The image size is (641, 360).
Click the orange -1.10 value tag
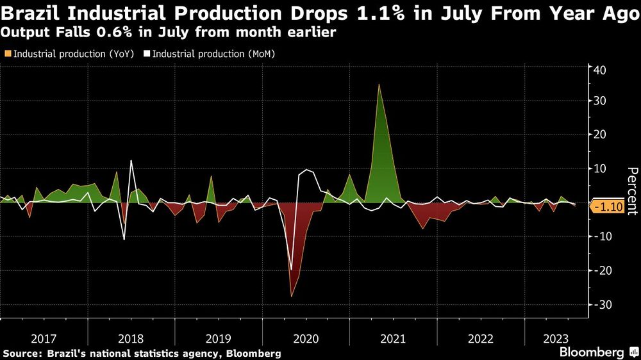click(605, 207)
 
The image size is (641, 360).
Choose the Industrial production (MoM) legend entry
click(209, 54)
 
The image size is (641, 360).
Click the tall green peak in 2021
click(379, 85)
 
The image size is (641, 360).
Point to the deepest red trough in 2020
click(292, 296)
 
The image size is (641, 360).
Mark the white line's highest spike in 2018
click(131, 161)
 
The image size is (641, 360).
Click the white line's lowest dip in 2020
click(291, 270)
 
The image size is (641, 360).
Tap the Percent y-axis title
click(632, 190)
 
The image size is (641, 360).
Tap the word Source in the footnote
click(20, 353)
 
